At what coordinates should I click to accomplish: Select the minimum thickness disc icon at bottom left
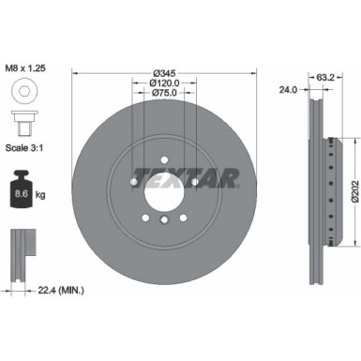coord(21,253)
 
